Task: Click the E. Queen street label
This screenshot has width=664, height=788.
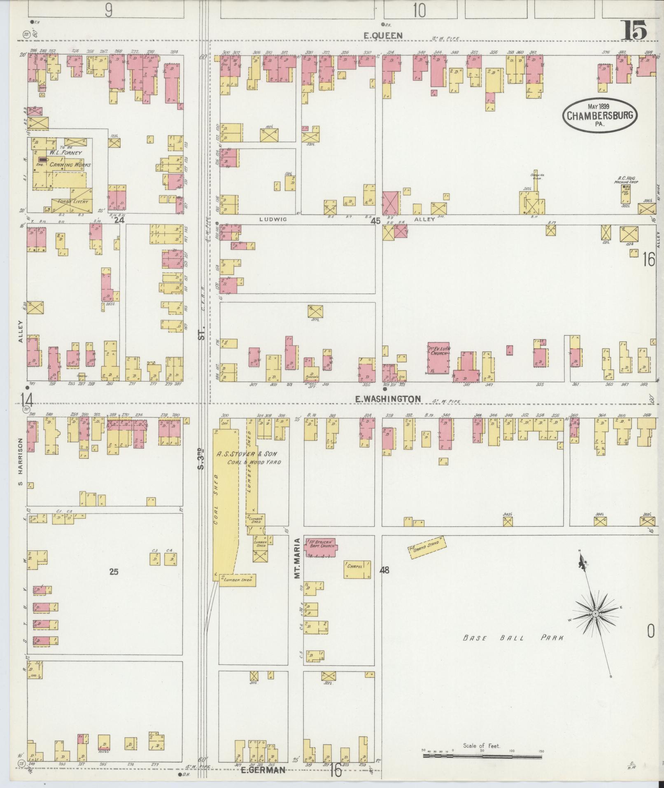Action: [383, 36]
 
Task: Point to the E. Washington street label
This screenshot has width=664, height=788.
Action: [388, 399]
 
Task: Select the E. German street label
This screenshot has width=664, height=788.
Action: [263, 770]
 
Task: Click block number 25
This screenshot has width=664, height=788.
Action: [114, 571]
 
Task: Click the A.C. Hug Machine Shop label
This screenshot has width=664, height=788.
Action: [627, 180]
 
